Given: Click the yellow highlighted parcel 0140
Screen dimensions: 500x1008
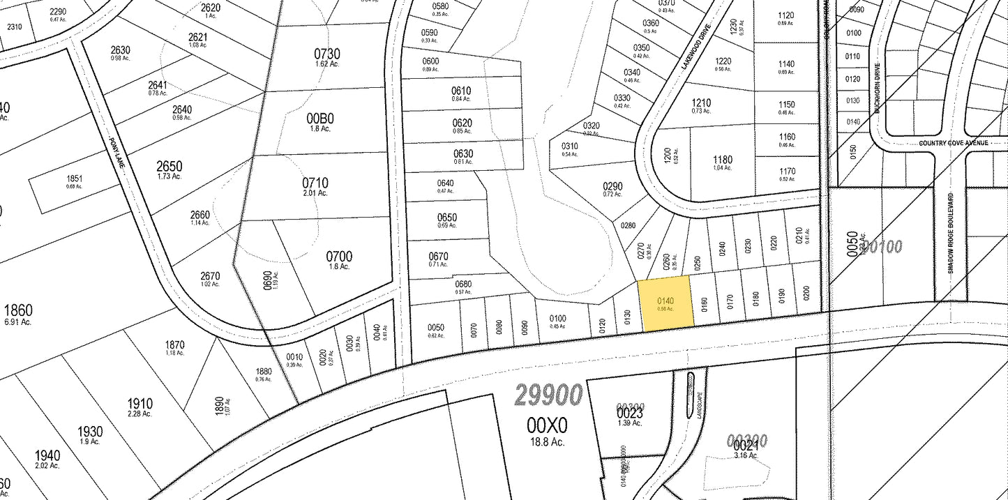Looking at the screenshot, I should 666,303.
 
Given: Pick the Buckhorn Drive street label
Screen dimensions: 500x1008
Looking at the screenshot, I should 878,89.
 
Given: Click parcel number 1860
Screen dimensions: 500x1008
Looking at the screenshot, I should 17,310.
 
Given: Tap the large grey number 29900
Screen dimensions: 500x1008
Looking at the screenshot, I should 548,395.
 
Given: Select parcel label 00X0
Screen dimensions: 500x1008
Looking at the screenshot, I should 547,425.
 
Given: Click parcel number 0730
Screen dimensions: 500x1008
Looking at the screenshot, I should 326,54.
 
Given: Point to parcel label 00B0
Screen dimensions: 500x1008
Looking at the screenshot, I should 321,119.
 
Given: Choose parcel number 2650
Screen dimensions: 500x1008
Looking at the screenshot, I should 169,166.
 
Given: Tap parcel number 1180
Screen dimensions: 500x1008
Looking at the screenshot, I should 723,160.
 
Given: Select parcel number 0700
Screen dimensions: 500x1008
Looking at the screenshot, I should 339,257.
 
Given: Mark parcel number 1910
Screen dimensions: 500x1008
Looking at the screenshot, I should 140,404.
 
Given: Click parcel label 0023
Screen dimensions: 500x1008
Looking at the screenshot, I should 629,412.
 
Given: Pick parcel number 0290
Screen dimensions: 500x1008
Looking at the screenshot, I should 612,186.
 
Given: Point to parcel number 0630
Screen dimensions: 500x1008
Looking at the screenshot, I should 463,153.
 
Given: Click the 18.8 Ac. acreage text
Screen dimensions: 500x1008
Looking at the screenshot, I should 547,442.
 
